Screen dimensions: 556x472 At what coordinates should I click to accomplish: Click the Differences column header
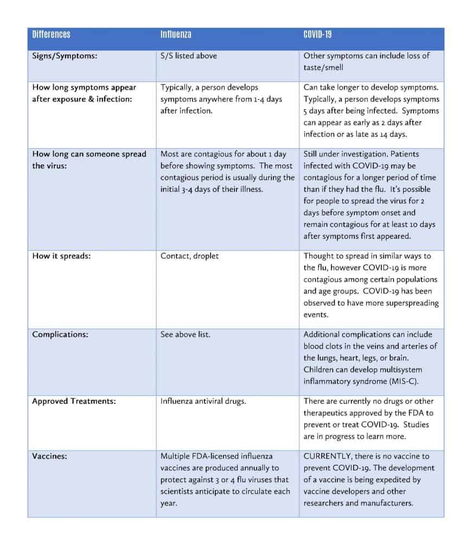[51, 35]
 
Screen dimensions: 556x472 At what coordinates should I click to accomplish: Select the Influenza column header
[175, 35]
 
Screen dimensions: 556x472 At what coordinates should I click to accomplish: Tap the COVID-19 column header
[317, 35]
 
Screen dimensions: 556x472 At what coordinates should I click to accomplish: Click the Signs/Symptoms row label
[65, 55]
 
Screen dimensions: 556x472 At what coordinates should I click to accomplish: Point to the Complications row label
[60, 334]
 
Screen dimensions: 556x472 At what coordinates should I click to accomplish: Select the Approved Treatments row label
[74, 401]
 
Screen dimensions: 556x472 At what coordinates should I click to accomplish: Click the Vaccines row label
[49, 457]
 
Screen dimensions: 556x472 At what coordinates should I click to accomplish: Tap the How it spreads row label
[61, 256]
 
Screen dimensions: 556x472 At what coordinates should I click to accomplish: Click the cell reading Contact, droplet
[189, 256]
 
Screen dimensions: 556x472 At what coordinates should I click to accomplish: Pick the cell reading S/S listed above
[189, 55]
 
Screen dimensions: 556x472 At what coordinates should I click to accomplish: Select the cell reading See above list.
[185, 334]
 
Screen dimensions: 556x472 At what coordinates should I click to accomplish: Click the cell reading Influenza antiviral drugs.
[203, 401]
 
